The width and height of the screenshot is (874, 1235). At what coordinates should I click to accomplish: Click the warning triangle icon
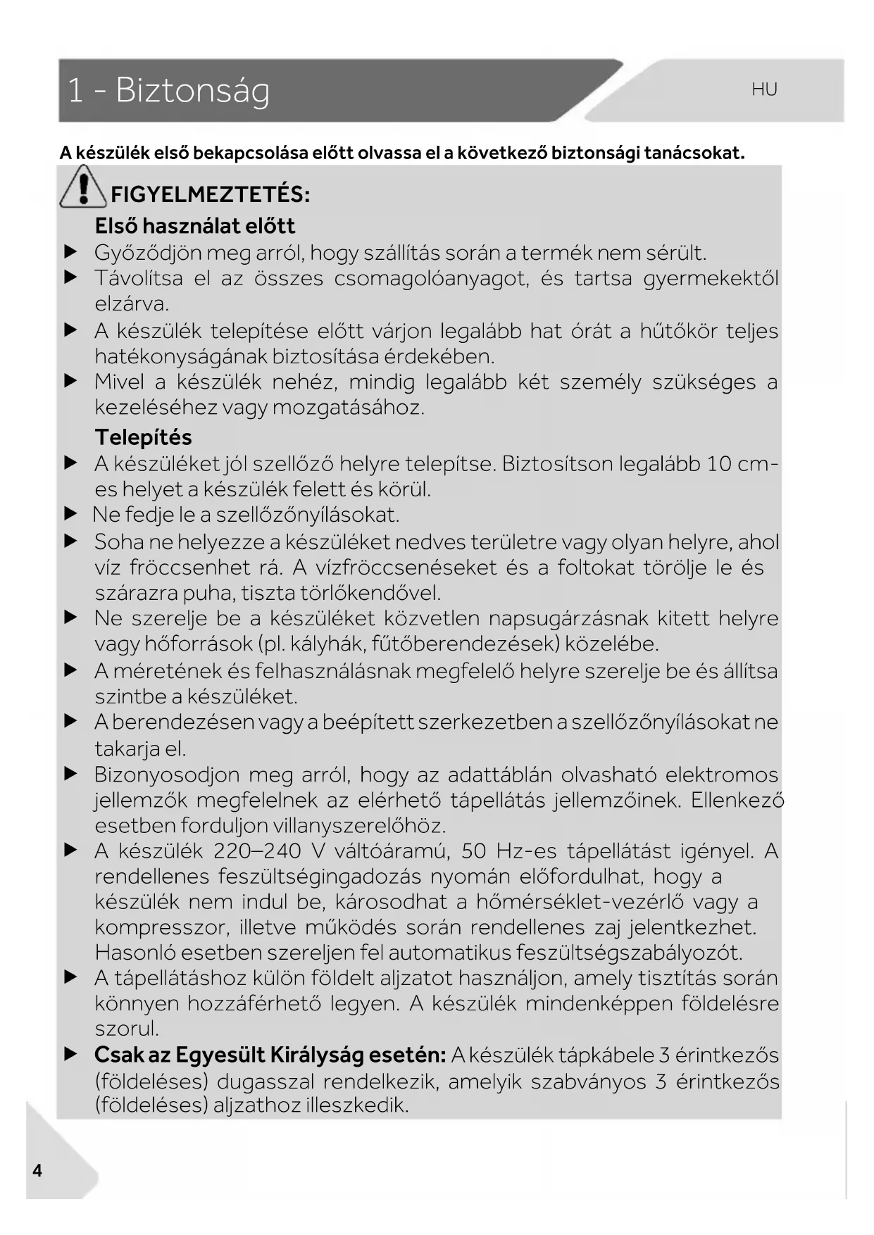83,187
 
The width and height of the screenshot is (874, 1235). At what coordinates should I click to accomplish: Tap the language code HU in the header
764,89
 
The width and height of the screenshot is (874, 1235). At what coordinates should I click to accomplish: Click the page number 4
37,1170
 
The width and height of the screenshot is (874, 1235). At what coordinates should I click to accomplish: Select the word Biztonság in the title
192,90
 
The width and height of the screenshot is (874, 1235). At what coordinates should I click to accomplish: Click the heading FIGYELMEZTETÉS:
210,194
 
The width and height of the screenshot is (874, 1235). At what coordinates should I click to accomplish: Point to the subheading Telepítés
143,437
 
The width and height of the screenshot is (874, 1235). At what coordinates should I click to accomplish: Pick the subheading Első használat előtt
194,226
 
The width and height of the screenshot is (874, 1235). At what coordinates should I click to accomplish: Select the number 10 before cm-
718,464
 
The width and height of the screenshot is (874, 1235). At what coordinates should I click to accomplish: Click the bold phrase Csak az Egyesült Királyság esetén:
270,1055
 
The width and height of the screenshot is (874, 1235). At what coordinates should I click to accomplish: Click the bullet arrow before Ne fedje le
70,515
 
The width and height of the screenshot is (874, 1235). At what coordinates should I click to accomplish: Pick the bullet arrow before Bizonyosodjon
70,775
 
